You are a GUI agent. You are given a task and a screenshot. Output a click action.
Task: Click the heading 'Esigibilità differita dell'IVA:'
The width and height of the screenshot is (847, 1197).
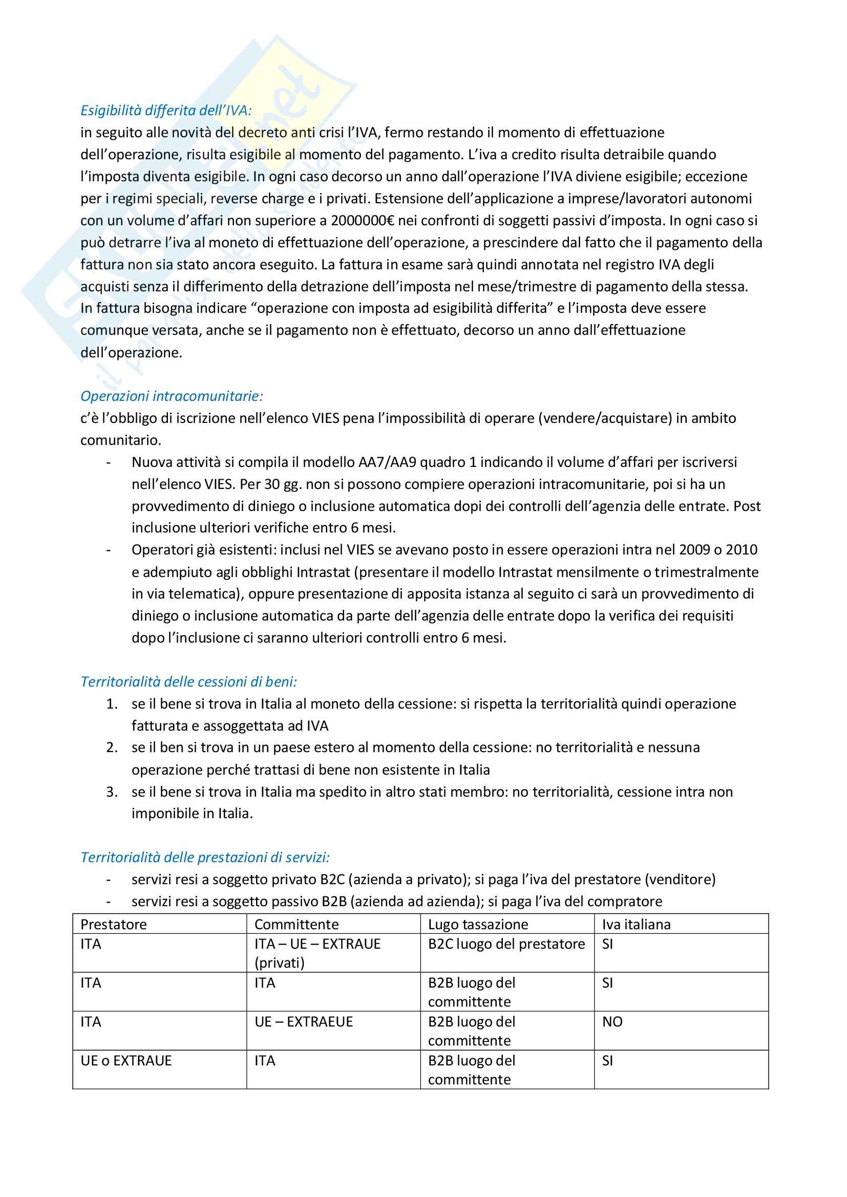pyautogui.click(x=166, y=111)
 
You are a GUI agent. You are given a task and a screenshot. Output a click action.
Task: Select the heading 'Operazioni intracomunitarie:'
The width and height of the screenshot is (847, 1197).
pyautogui.click(x=172, y=396)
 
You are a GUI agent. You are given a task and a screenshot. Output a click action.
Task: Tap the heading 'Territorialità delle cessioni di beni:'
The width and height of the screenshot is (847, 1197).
pyautogui.click(x=189, y=682)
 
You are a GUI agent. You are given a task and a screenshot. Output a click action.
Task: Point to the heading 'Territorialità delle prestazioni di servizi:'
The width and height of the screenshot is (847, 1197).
pyautogui.click(x=205, y=858)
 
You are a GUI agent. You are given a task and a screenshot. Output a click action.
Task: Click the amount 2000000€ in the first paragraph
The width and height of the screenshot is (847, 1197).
pyautogui.click(x=363, y=221)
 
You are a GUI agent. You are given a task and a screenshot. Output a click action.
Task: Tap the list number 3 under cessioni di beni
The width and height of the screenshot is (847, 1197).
pyautogui.click(x=112, y=792)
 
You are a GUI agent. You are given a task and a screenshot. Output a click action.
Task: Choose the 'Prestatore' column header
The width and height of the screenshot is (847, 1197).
pyautogui.click(x=114, y=924)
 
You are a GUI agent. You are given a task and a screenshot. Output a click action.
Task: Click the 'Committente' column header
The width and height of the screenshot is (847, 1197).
pyautogui.click(x=296, y=924)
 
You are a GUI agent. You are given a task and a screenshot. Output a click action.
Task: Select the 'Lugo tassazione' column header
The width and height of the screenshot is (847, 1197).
pyautogui.click(x=478, y=924)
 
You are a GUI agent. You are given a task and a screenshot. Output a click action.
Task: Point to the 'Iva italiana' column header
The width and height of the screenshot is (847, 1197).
pyautogui.click(x=637, y=924)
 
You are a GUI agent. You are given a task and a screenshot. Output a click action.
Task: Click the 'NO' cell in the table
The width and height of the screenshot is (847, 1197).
pyautogui.click(x=612, y=1022)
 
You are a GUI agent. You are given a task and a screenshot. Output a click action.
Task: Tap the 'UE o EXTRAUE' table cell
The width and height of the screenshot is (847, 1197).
pyautogui.click(x=126, y=1061)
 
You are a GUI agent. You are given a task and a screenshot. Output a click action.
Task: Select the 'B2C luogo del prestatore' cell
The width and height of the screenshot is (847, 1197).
pyautogui.click(x=506, y=944)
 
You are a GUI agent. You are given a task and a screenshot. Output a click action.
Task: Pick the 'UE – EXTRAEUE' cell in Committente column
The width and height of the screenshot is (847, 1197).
pyautogui.click(x=304, y=1022)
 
